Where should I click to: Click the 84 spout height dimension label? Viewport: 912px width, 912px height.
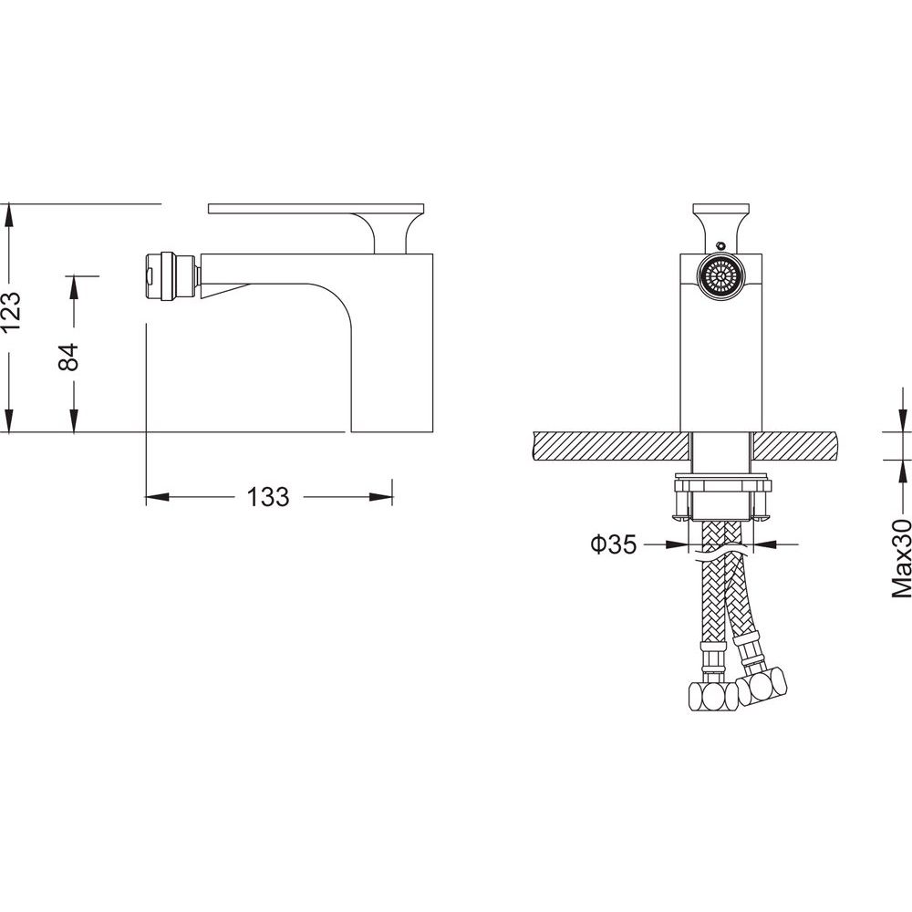coord(68,357)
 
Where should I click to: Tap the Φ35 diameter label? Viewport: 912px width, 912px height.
coord(614,545)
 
